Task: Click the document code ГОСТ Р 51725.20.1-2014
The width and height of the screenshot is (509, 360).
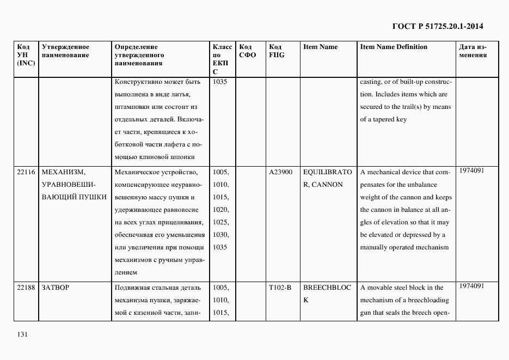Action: [x=438, y=26]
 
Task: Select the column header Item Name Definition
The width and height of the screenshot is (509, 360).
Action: [x=394, y=47]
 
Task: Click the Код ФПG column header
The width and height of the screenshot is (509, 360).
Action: [x=276, y=51]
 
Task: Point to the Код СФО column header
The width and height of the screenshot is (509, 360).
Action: [x=247, y=51]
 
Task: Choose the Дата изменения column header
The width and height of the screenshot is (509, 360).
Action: [x=473, y=51]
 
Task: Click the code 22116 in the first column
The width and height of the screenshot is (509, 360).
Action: [x=26, y=172]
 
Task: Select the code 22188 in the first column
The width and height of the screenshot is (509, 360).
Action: [x=26, y=288]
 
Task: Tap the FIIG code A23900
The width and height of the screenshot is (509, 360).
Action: [x=280, y=172]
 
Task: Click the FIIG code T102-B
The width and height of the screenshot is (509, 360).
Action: [x=280, y=288]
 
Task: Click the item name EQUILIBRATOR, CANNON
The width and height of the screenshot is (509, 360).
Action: [x=327, y=178]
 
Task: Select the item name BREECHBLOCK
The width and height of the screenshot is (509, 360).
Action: [x=327, y=294]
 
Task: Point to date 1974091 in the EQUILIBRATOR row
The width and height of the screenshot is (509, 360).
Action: [x=471, y=170]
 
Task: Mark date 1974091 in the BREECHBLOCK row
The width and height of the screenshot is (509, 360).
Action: [x=471, y=286]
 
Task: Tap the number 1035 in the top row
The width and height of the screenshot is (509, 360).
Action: [x=220, y=82]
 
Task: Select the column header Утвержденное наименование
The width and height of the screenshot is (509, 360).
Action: [x=65, y=51]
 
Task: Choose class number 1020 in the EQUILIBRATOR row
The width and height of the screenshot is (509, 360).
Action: [x=221, y=210]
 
